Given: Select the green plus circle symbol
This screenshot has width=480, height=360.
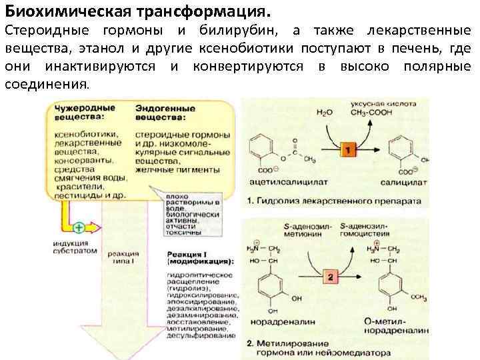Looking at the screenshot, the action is pyautogui.click(x=79, y=227).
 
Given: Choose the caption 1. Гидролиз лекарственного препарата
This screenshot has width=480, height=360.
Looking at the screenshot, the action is pyautogui.click(x=334, y=200).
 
